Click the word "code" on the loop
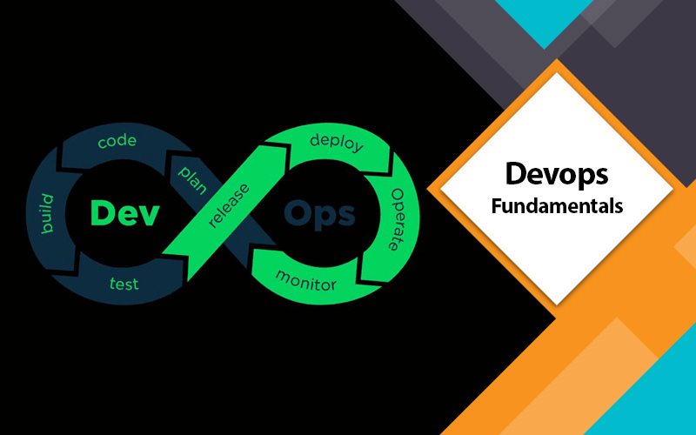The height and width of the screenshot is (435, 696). (117, 141)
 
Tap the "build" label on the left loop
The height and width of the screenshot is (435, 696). (47, 213)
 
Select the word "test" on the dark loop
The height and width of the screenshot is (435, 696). (124, 284)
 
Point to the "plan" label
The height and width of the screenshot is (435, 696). (192, 180)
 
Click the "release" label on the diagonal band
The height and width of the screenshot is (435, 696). (229, 205)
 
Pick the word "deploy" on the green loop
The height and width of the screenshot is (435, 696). (337, 143)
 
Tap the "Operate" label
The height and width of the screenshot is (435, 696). (398, 219)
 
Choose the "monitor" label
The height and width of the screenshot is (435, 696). (306, 280)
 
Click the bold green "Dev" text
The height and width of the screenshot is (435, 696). (124, 213)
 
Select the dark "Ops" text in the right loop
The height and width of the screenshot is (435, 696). (319, 214)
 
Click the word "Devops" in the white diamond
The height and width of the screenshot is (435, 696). (557, 175)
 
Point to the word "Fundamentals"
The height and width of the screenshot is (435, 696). (557, 206)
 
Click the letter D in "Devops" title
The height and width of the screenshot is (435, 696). (516, 173)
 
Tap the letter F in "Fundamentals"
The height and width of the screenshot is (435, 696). (497, 206)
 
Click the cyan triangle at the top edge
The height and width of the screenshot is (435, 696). (545, 17)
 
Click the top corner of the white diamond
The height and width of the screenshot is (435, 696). (557, 72)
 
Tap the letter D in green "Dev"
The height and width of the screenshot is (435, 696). (101, 213)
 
